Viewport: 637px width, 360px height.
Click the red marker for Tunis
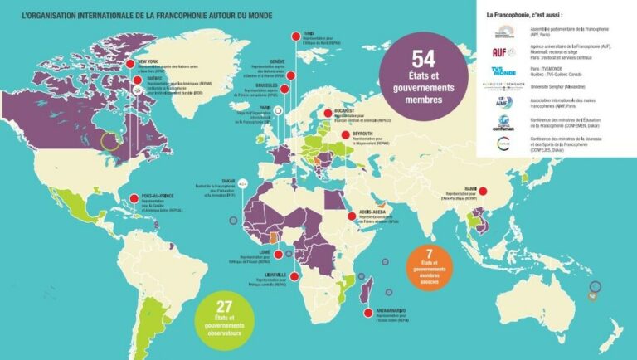click(294, 35)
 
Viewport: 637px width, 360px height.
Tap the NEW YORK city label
click(148, 61)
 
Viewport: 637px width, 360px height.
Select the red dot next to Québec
click(130, 80)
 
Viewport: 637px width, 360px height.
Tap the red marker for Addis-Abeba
click(352, 216)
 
